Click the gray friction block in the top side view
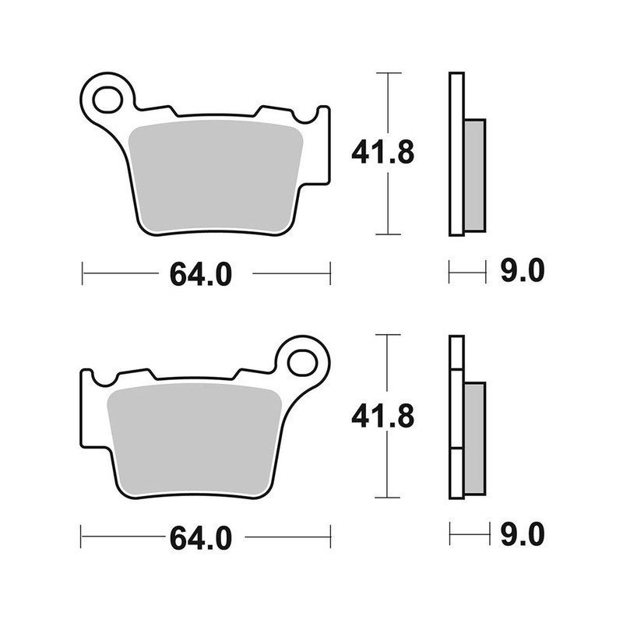coord(474,175)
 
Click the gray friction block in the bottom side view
coord(474,438)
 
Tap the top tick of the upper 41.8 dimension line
coord(388,73)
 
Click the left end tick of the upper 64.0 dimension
coord(83,273)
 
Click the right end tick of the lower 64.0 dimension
coord(330,537)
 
